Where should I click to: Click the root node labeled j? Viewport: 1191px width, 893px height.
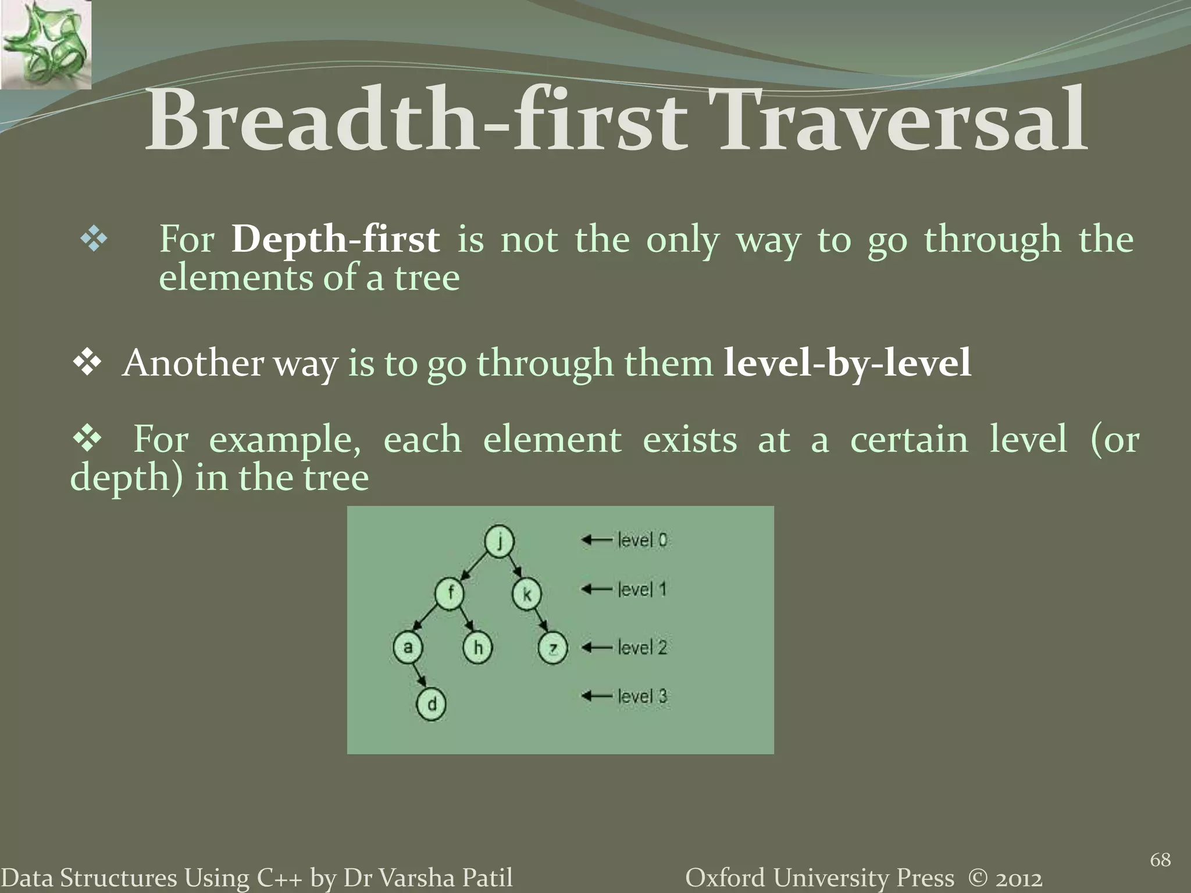pos(499,541)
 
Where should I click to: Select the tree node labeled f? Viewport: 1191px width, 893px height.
pos(450,594)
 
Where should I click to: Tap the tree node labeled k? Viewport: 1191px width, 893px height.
pos(527,594)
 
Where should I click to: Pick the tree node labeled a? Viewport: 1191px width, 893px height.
pos(408,647)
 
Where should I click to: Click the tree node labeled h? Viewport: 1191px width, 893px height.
pos(477,648)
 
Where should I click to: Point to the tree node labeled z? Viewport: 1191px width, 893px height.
pos(552,648)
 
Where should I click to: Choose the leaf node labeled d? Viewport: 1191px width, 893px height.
pos(432,705)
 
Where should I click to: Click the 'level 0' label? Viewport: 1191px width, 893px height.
pos(642,540)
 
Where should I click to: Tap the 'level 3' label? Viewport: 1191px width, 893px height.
pos(642,696)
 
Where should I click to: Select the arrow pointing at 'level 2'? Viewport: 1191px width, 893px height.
pos(597,647)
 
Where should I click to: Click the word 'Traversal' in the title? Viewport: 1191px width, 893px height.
pos(903,121)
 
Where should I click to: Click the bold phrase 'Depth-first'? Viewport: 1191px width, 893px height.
pos(335,239)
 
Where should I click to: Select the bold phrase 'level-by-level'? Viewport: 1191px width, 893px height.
pos(847,363)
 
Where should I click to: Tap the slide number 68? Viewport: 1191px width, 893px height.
pos(1160,859)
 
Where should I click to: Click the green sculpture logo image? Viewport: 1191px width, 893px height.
pos(45,45)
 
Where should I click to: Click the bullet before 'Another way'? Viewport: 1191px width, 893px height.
pos(87,363)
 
